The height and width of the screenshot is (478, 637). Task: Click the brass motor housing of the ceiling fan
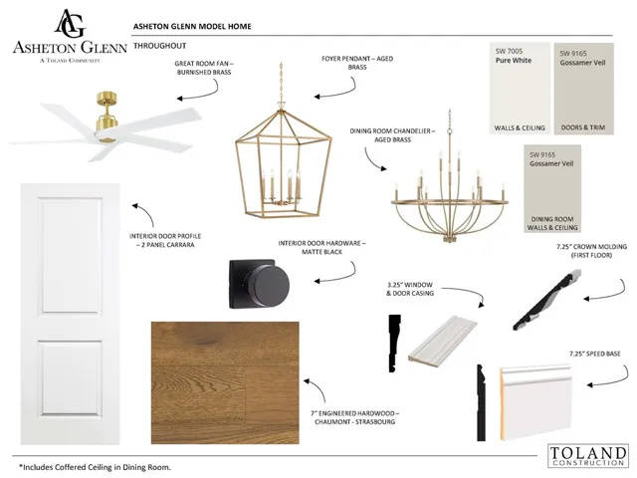106,118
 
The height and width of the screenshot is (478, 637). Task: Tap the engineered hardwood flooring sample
225,382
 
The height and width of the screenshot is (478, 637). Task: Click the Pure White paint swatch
520,88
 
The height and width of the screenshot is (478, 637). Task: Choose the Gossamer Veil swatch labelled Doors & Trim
583,89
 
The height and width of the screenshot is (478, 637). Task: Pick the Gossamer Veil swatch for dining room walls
552,188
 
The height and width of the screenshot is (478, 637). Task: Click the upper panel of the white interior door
71,256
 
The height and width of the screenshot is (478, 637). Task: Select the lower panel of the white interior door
71,378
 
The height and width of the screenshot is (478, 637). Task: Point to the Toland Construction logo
587,455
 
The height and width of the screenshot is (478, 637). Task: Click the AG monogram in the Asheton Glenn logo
70,24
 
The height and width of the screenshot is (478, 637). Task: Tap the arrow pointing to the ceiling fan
198,92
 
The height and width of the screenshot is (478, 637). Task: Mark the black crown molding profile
546,300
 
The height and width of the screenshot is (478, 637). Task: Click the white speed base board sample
535,402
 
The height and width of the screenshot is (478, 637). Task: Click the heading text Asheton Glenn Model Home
192,27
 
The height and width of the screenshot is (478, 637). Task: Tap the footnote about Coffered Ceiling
96,467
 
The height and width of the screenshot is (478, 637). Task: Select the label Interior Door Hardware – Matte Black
321,248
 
